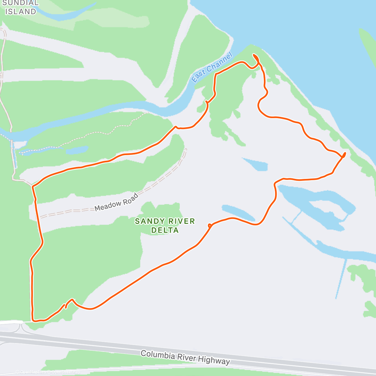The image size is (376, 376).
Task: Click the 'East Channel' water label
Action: (212, 68)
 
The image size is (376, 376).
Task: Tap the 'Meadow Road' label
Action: (116, 203)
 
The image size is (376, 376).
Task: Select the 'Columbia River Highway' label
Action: (185, 358)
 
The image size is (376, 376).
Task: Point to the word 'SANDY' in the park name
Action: (148, 221)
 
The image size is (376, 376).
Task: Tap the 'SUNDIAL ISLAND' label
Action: (21, 8)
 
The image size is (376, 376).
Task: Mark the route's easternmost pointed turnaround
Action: (344, 154)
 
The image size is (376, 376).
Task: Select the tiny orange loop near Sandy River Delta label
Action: (210, 225)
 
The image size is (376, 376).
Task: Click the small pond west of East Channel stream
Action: (77, 150)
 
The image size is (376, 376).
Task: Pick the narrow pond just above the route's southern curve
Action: (238, 213)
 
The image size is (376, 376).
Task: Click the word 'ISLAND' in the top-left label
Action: (21, 12)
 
